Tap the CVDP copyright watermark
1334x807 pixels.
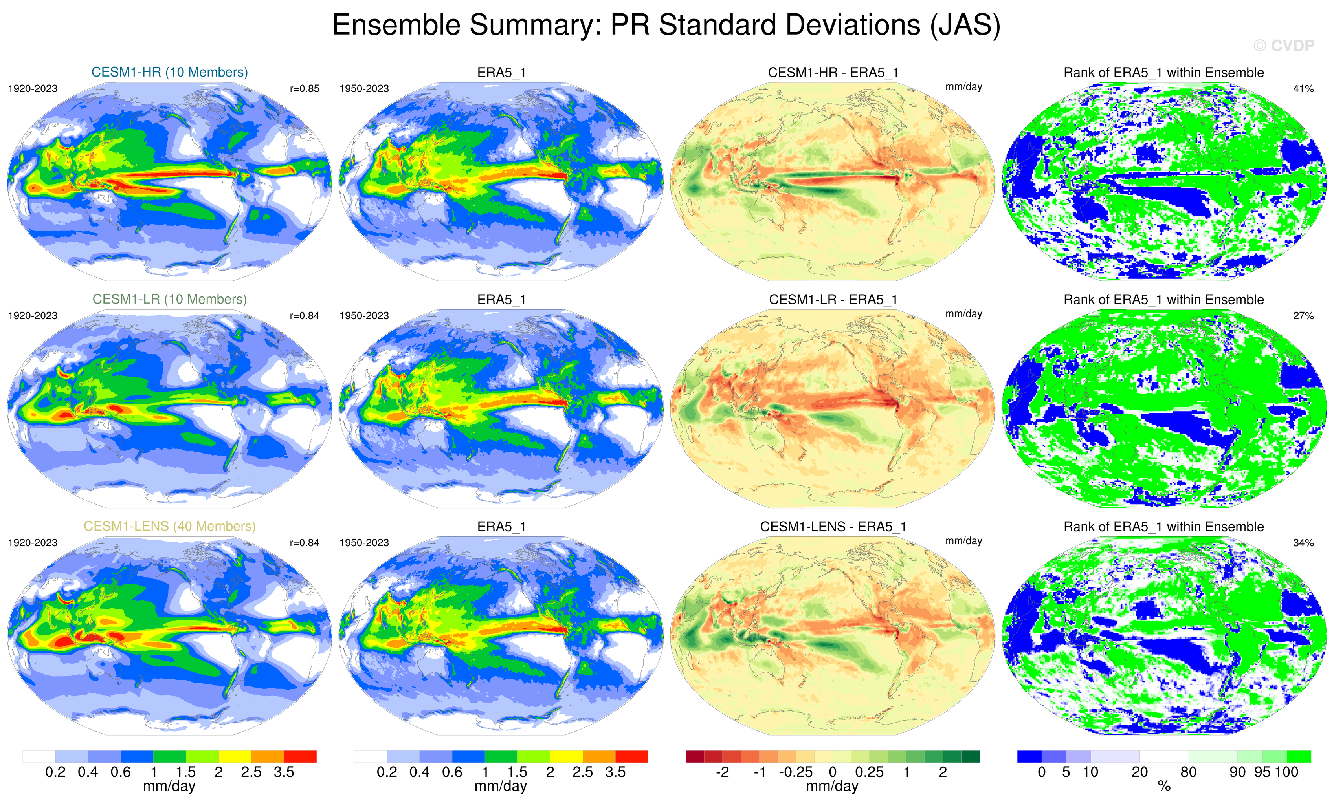click(1284, 46)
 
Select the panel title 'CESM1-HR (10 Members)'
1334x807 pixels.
click(169, 72)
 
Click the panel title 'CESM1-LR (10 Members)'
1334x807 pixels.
click(169, 299)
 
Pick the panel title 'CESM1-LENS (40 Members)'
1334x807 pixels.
click(169, 526)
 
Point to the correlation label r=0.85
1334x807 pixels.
click(304, 89)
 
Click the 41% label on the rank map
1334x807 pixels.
click(1303, 89)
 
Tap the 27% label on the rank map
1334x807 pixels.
click(1303, 316)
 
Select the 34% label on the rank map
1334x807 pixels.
click(1303, 543)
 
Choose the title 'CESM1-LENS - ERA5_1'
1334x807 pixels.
click(833, 527)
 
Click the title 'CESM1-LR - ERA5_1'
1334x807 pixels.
click(833, 299)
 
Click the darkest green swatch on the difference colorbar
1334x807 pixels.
click(970, 756)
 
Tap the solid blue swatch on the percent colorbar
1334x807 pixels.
click(1029, 756)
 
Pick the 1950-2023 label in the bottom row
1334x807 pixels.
click(364, 543)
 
